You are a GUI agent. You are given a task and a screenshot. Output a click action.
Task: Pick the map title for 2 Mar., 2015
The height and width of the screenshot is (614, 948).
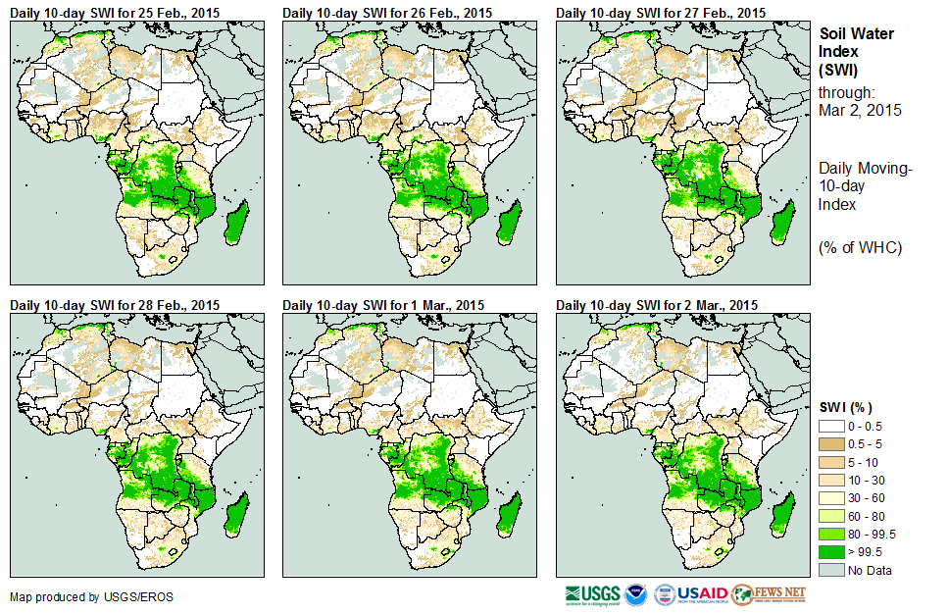pos(658,305)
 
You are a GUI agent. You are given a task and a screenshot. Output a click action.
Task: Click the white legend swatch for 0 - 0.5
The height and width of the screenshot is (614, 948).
pos(831,427)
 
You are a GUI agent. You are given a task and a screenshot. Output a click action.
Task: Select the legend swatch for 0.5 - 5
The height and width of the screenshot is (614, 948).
pos(831,444)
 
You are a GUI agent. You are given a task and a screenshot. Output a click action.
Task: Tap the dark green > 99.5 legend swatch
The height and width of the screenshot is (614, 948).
pos(831,551)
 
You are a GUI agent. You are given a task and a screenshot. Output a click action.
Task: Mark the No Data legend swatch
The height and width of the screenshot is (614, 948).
pos(831,569)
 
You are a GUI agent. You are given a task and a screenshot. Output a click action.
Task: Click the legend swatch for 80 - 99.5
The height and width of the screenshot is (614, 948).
pos(831,534)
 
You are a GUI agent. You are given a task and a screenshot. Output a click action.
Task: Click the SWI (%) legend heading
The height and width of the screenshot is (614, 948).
pos(846,407)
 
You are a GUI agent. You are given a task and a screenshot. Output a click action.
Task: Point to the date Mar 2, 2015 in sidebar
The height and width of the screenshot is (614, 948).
pos(860,110)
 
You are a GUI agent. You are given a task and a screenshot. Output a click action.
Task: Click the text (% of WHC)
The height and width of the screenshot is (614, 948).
pos(860,247)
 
